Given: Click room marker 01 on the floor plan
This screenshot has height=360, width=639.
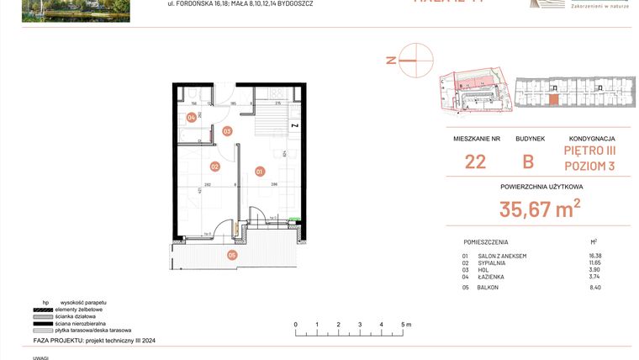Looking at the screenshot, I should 259,172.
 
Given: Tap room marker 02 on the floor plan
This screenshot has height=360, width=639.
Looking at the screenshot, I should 214,167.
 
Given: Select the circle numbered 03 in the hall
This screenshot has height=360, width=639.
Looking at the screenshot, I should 227,131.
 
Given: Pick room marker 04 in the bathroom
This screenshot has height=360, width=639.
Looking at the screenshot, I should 192,118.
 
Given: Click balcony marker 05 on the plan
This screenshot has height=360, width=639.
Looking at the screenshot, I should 232,255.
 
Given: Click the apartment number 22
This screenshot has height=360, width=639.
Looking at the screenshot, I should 475,161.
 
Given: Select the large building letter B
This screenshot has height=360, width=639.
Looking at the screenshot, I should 528,161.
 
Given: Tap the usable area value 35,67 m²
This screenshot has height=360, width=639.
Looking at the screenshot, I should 541,209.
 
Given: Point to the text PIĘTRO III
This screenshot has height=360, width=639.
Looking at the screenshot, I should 589,151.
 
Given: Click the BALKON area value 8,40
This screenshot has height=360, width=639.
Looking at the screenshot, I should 595,288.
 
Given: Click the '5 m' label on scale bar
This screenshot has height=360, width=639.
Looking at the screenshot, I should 405,324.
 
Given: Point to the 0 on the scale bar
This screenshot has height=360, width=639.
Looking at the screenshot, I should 295,324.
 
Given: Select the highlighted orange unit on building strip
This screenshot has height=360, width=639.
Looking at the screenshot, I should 552,98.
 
